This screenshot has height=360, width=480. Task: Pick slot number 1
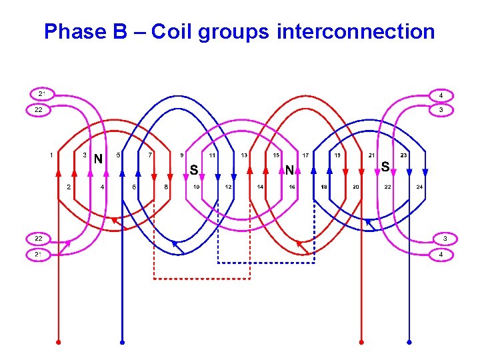pyautogui.click(x=52, y=155)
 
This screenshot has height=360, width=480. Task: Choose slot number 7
pyautogui.click(x=151, y=155)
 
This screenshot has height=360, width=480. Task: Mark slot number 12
pyautogui.click(x=228, y=187)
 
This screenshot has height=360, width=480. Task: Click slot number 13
pyautogui.click(x=244, y=155)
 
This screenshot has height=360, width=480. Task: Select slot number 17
pyautogui.click(x=306, y=155)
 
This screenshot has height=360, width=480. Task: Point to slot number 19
pyautogui.click(x=338, y=155)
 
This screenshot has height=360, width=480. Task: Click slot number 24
pyautogui.click(x=419, y=187)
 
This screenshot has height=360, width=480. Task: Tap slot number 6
pyautogui.click(x=134, y=187)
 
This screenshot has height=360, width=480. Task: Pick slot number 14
pyautogui.click(x=260, y=187)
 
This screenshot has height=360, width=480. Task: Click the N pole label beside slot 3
pyautogui.click(x=98, y=159)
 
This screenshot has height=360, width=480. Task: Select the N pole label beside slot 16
pyautogui.click(x=290, y=170)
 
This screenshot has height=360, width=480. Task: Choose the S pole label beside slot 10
pyautogui.click(x=193, y=170)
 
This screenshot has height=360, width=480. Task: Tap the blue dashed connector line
pyautogui.click(x=267, y=263)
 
